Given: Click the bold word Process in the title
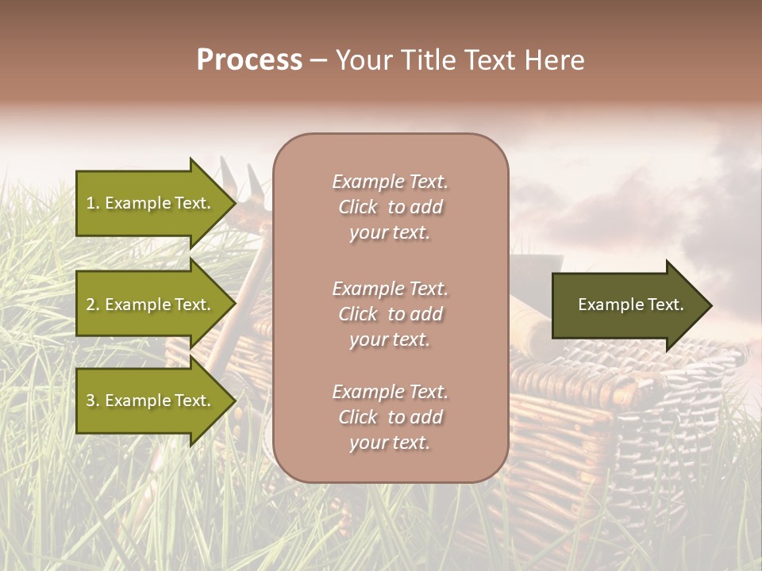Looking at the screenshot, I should coord(249,60).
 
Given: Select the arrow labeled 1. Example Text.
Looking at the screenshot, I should coord(151,203).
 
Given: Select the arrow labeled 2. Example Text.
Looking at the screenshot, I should coord(151,305).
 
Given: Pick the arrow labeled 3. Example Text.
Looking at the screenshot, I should coord(151,400).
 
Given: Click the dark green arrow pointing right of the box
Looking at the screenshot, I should coord(627,305).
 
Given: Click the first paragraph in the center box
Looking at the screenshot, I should coord(390,207).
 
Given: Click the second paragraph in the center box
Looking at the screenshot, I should coord(390,314).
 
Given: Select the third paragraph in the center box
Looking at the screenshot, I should coord(390,417).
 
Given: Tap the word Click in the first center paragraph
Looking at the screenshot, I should coord(358,207).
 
